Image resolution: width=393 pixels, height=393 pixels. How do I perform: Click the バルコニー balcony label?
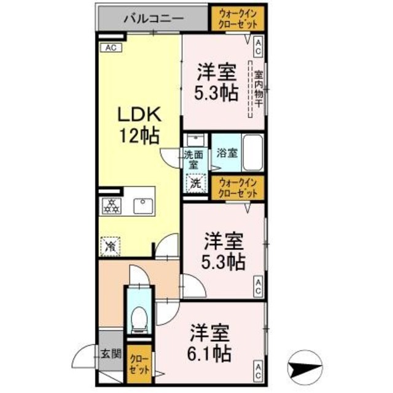(153, 18)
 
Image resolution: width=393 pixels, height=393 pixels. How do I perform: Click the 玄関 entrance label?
(111, 354)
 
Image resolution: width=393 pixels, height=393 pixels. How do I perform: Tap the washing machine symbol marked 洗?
(194, 182)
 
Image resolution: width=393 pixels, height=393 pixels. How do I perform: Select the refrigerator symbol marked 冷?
(111, 247)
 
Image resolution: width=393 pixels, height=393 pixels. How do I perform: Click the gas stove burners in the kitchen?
(112, 207)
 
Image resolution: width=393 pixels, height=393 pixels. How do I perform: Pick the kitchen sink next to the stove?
(146, 206)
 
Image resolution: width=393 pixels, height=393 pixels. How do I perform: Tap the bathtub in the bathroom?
(252, 152)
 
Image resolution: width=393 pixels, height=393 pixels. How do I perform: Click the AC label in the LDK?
(111, 47)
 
